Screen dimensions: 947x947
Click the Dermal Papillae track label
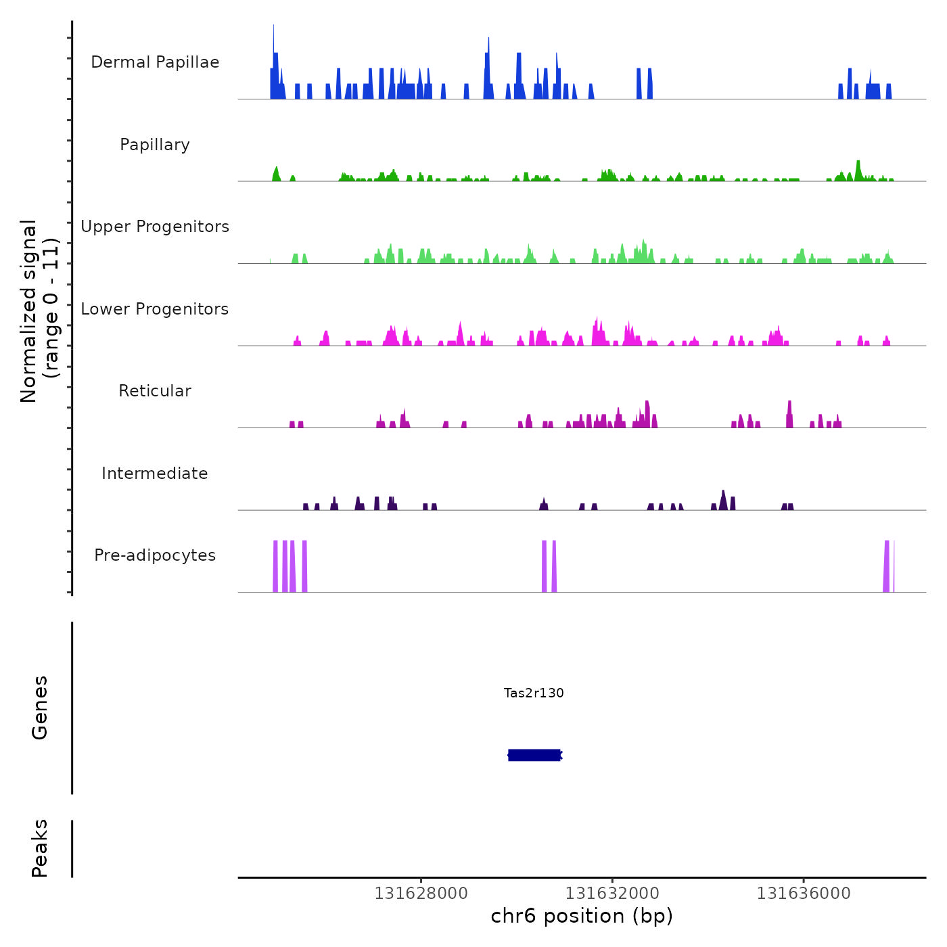(x=155, y=62)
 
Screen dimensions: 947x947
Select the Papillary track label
(x=155, y=145)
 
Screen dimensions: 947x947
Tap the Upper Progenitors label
(x=155, y=227)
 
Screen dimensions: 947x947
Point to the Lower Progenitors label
(x=155, y=309)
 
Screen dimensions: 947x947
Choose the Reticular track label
(x=155, y=391)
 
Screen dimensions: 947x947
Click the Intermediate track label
(x=155, y=473)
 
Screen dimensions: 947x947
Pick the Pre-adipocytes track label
(x=155, y=555)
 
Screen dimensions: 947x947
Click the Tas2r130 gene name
(x=534, y=693)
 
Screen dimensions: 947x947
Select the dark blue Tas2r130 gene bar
(x=534, y=755)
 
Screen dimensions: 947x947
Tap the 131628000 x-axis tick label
(x=421, y=894)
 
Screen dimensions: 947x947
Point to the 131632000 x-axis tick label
(x=612, y=894)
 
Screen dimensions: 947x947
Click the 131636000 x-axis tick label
(x=804, y=894)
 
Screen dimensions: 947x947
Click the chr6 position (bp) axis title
(x=582, y=917)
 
